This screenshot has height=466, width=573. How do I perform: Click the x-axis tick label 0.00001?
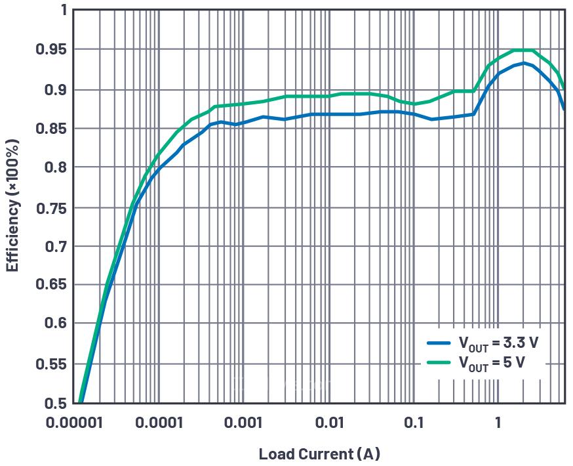click(x=73, y=423)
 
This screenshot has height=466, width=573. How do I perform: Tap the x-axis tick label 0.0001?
click(x=159, y=423)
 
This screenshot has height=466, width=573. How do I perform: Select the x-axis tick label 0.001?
click(x=244, y=423)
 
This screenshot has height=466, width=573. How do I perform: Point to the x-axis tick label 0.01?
click(x=329, y=423)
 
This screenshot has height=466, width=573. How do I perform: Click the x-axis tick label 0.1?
click(x=414, y=423)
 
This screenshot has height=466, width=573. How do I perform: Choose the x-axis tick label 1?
click(x=498, y=423)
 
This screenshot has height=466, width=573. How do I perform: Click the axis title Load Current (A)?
click(x=319, y=454)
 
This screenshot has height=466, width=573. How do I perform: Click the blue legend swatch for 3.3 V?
click(x=439, y=342)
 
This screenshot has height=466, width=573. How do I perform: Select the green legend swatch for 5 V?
click(x=439, y=362)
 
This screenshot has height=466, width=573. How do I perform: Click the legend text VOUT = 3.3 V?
click(x=498, y=343)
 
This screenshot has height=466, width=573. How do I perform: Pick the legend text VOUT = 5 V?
click(x=491, y=362)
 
